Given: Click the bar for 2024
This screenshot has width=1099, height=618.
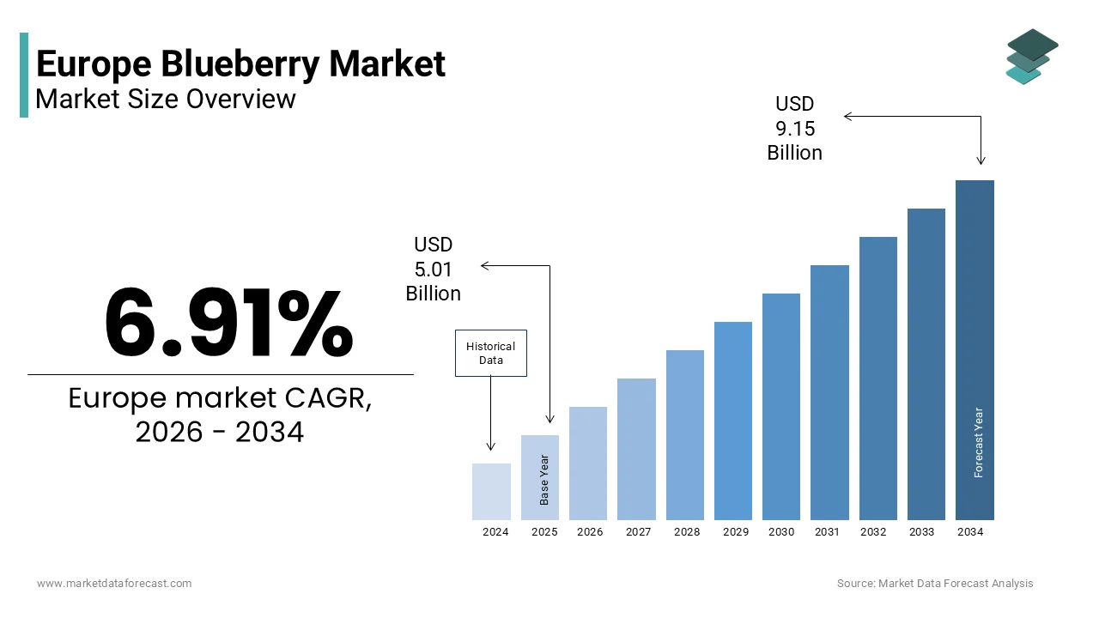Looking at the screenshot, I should [491, 491].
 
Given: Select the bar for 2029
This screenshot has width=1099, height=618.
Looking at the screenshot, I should [732, 421].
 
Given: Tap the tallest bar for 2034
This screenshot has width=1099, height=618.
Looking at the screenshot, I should [975, 343].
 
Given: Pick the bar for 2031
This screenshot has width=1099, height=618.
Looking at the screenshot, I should [829, 392].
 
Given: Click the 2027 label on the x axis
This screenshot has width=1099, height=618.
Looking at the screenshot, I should [638, 532].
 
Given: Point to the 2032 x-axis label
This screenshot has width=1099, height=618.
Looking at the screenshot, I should [873, 532].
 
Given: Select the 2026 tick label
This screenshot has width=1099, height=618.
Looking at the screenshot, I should [590, 532].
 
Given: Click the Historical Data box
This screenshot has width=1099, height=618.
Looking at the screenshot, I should [490, 353].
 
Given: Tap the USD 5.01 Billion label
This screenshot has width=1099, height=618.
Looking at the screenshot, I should [434, 270].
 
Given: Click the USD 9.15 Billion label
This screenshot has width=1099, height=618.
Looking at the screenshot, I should [794, 129].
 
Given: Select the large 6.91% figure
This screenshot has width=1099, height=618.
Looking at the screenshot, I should [228, 324].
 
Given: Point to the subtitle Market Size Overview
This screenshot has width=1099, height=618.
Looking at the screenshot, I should [166, 99].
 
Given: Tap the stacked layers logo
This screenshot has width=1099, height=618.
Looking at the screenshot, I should [1032, 57].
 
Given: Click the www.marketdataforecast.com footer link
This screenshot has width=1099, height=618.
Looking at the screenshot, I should [114, 584].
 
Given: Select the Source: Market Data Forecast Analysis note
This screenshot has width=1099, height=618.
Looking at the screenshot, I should [935, 584].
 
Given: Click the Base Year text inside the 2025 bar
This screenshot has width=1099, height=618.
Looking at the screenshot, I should [544, 481].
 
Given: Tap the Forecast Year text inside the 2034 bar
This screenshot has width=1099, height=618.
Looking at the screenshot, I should [979, 442].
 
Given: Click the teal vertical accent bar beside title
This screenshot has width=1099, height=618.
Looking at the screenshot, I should [24, 75].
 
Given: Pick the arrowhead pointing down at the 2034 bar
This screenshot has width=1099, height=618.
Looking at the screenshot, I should [981, 160].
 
